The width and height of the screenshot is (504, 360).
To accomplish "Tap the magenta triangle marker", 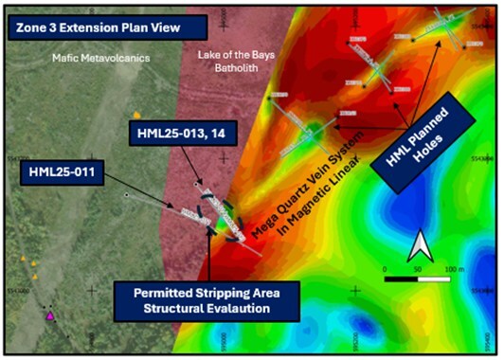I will pos(50,316).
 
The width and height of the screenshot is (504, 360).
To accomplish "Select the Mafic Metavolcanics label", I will pos(95,58).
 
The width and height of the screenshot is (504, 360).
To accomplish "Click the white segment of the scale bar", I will pos(432,278).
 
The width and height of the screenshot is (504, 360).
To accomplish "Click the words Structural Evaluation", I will pos(205,308).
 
